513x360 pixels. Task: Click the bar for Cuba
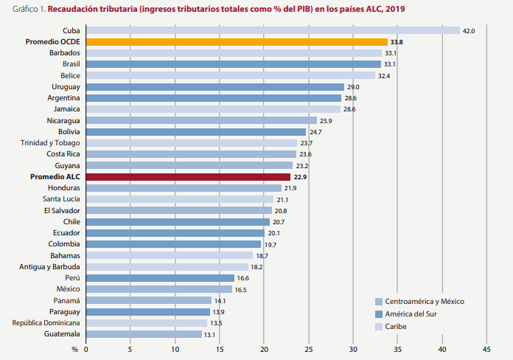[x=273, y=30]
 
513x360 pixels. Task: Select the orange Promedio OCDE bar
[x=237, y=42]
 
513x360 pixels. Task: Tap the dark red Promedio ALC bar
[x=188, y=177]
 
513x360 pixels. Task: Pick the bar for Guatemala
[x=144, y=334]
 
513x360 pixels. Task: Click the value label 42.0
[x=468, y=30]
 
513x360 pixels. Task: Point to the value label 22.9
[x=299, y=177]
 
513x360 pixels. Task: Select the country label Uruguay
[x=66, y=87]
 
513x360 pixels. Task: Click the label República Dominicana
[x=46, y=323]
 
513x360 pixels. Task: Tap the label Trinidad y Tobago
[x=50, y=143]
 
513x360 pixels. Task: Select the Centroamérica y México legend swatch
[x=379, y=301]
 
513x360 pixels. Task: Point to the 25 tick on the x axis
[x=309, y=349]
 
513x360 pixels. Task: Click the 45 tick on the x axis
[x=486, y=349]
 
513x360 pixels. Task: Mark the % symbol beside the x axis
[x=74, y=349]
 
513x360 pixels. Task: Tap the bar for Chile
[x=178, y=222]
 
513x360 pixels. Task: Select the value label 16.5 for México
[x=241, y=290]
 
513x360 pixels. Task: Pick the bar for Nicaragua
[x=201, y=120]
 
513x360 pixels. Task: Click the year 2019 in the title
[x=395, y=9]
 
